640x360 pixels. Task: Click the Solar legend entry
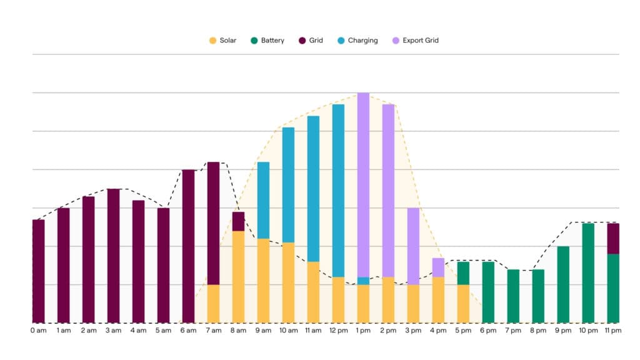pos(222,41)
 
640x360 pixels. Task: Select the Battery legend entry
pos(267,41)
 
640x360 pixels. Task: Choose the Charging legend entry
pos(357,41)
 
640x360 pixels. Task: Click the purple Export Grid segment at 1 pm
pos(363,184)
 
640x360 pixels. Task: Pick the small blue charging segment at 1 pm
pos(363,281)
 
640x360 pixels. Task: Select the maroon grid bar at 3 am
pos(113,256)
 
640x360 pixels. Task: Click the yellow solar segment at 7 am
pos(213,304)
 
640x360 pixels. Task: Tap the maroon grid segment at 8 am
pos(238,221)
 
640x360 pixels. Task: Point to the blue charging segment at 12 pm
pos(338,191)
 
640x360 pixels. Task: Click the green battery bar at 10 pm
pos(588,272)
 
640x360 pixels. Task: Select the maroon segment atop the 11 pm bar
pos(613,238)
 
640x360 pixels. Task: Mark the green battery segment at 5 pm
pos(463,273)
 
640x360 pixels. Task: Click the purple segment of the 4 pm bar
pos(438,267)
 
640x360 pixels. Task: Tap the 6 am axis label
pos(188,330)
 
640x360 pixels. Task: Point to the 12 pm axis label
pos(338,330)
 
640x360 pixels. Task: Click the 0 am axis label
pos(38,330)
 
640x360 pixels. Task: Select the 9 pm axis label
pos(563,330)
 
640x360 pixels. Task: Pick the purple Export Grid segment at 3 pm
pos(413,246)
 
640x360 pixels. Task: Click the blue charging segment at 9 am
pos(263,200)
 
